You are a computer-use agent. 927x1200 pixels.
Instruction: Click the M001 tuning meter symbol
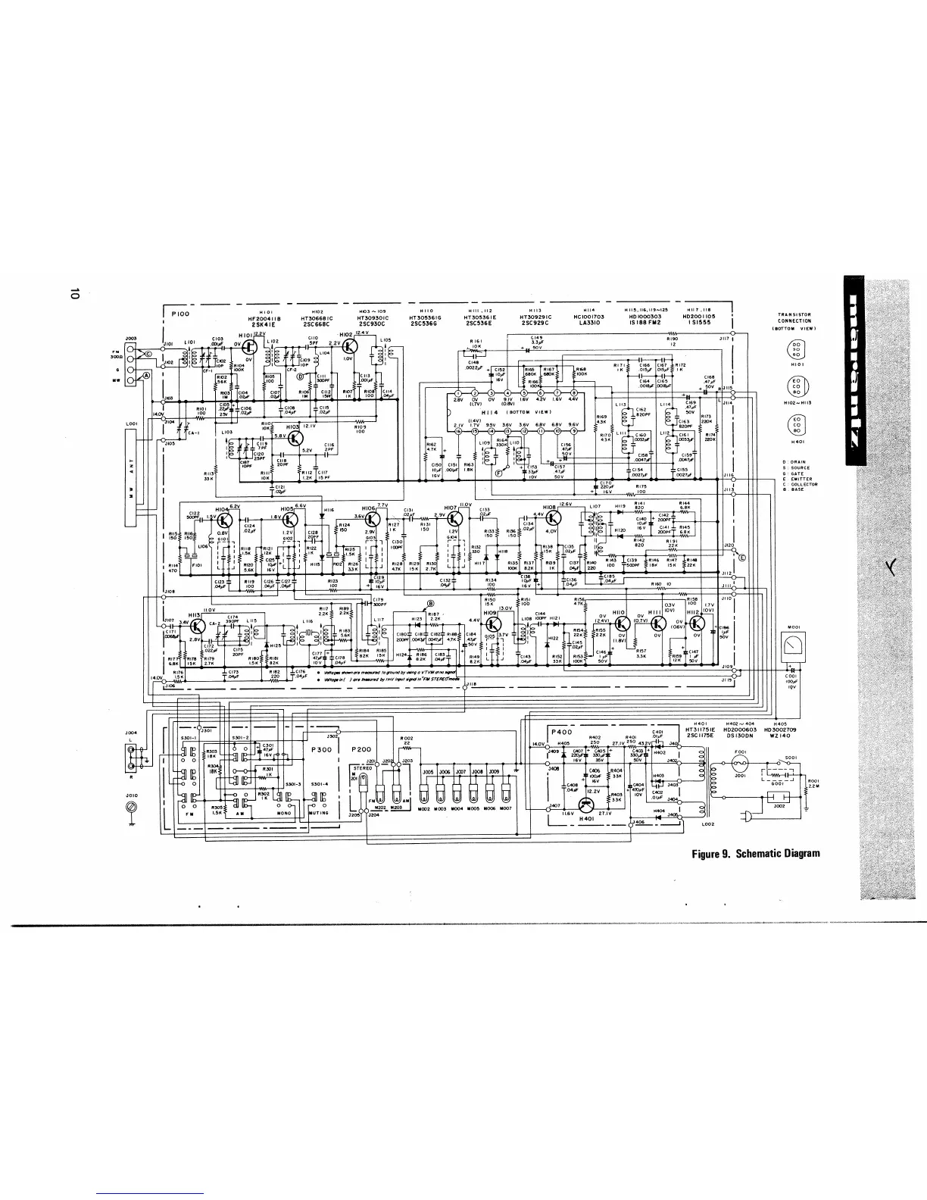click(794, 645)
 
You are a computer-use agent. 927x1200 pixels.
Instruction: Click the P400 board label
click(562, 733)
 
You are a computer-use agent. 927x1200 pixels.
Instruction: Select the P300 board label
click(323, 748)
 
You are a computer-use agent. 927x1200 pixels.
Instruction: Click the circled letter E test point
click(741, 558)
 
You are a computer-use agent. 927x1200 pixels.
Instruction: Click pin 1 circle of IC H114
click(458, 392)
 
